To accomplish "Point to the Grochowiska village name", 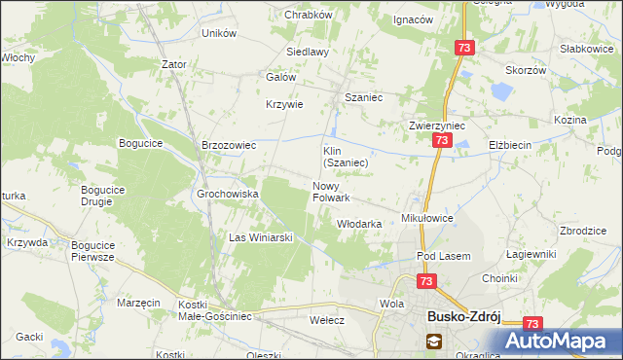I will pyautogui.click(x=228, y=194).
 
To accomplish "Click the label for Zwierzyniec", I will pyautogui.click(x=437, y=126).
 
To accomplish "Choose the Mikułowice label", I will pyautogui.click(x=428, y=219).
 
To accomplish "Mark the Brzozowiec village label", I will pyautogui.click(x=228, y=145).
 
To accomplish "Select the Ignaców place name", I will pyautogui.click(x=412, y=19).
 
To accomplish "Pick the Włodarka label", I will pyautogui.click(x=358, y=224).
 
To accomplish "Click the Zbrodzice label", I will pyautogui.click(x=584, y=231).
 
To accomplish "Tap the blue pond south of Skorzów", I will pyautogui.click(x=502, y=94).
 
